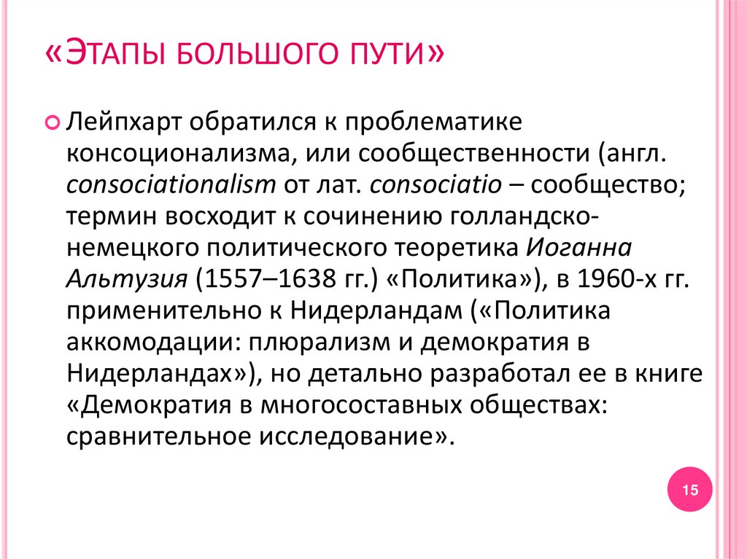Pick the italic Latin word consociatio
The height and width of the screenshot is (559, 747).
click(435, 185)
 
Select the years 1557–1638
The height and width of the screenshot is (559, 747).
click(270, 281)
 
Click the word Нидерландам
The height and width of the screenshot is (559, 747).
click(378, 313)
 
